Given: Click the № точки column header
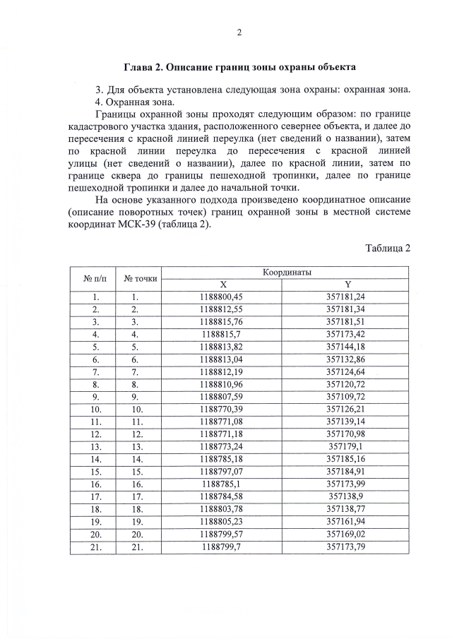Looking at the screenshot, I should point(140,278).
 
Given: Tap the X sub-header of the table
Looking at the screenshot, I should point(221,284).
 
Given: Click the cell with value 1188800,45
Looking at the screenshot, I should point(221,297).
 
